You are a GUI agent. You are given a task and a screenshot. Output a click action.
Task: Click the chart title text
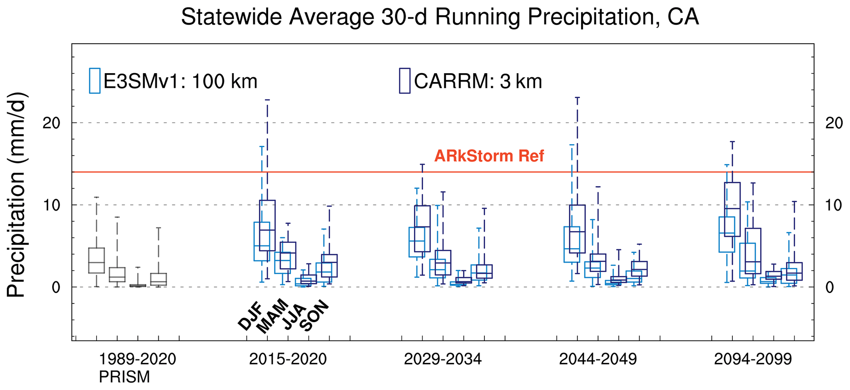440,18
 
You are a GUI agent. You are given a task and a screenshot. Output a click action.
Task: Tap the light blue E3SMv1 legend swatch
95,81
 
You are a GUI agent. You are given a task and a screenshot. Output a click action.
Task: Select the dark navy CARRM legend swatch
405,81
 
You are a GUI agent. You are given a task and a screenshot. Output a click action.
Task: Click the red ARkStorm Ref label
489,156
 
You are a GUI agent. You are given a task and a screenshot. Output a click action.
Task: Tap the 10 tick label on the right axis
834,205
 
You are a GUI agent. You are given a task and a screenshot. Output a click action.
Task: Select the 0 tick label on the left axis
56,287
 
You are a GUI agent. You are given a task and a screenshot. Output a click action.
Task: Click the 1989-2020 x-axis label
137,359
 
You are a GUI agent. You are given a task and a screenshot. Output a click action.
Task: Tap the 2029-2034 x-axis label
442,359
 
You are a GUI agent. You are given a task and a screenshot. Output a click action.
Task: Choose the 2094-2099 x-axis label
753,359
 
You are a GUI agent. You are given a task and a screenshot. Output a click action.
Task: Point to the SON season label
315,316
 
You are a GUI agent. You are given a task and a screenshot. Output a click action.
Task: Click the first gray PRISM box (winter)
97,260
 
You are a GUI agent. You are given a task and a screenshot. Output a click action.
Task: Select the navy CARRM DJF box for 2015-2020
267,226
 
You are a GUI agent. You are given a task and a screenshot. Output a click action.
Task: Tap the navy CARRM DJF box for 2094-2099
732,210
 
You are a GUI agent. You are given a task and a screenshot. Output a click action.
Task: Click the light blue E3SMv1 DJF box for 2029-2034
417,242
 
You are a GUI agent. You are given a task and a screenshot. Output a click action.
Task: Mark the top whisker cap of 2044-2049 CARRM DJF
577,98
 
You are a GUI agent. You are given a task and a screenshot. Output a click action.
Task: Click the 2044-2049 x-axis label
598,359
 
